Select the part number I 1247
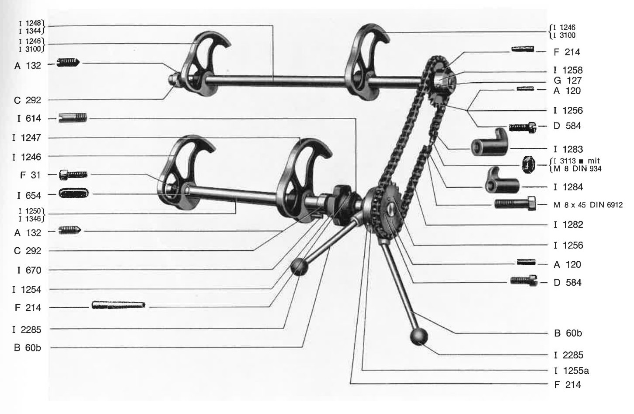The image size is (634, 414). (x=27, y=138)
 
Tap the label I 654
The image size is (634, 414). (x=29, y=195)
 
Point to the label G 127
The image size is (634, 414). (x=568, y=81)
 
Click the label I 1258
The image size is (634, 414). (x=568, y=70)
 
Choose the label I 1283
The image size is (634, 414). (x=568, y=149)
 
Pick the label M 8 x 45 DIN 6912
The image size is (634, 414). (x=588, y=205)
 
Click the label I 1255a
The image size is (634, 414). (x=571, y=371)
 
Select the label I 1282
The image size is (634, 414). (x=568, y=225)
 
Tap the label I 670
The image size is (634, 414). (x=29, y=270)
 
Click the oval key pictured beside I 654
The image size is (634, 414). (x=73, y=193)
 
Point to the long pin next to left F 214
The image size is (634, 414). (x=118, y=305)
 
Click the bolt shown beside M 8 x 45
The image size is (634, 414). (x=515, y=203)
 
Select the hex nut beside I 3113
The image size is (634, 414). (x=528, y=165)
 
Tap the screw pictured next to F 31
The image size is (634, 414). (x=73, y=175)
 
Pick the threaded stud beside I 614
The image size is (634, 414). (x=73, y=118)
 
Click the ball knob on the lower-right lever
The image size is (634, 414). (x=418, y=337)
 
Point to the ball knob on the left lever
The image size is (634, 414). (x=299, y=267)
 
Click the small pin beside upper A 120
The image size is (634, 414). (x=525, y=89)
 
